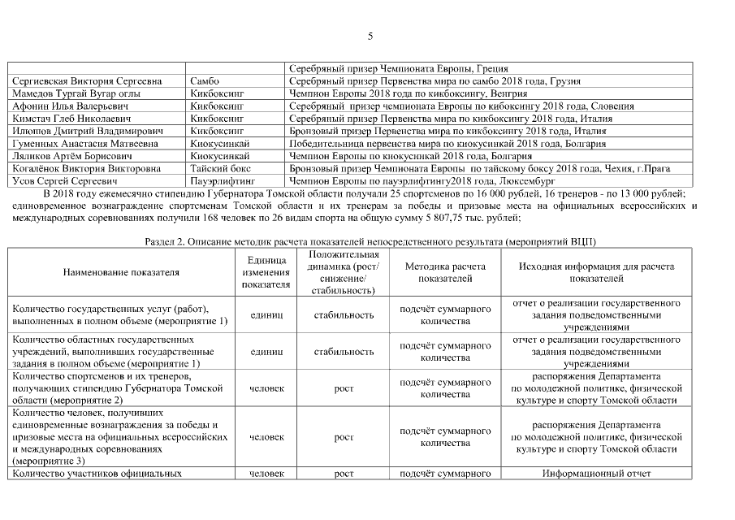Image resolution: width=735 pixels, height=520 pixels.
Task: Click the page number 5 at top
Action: coord(370,36)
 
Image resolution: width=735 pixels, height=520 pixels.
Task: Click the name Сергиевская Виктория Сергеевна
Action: coord(87,81)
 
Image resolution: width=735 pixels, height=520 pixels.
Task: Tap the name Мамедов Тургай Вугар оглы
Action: coord(76,93)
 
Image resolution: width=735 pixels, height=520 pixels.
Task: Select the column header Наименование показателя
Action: coord(121,272)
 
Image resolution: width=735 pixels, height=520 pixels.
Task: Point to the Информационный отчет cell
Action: coord(596,473)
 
